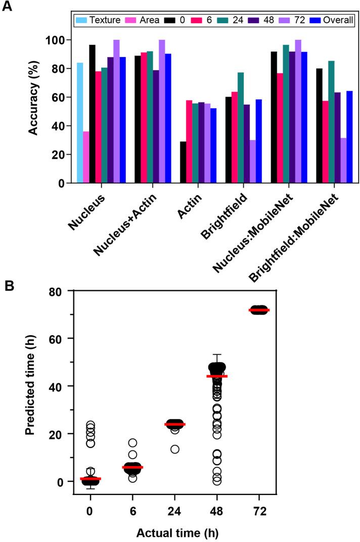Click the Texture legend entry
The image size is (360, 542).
98,21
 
